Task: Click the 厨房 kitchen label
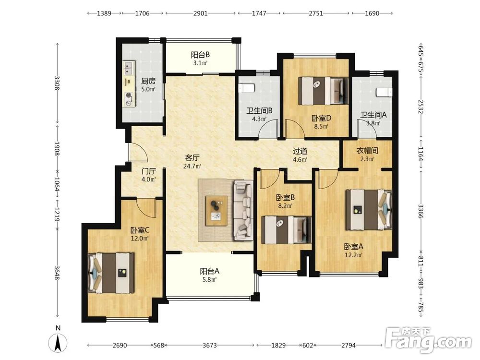click(x=148, y=81)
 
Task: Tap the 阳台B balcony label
click(x=201, y=55)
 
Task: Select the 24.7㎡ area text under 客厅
click(x=192, y=167)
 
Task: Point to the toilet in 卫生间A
click(x=384, y=92)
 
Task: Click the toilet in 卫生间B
click(x=246, y=88)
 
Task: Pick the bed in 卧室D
click(x=323, y=90)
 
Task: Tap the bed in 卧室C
click(x=111, y=273)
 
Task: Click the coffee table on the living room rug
click(x=216, y=211)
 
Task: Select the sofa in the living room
click(x=244, y=210)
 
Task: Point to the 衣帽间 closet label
click(x=367, y=151)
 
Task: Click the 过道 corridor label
click(x=300, y=151)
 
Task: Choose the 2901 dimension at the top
click(x=201, y=13)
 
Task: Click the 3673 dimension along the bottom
click(x=210, y=345)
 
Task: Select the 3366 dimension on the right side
click(x=421, y=211)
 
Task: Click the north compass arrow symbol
click(x=58, y=343)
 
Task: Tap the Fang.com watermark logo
click(x=428, y=340)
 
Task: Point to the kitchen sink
click(x=129, y=68)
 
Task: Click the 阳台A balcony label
click(x=210, y=271)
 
